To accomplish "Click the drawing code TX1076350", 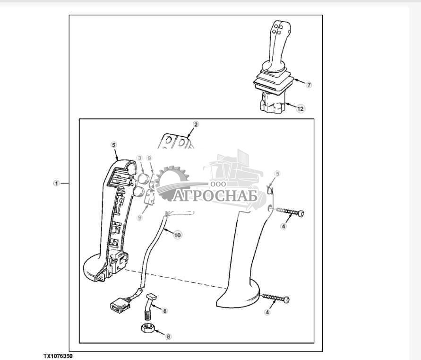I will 59,355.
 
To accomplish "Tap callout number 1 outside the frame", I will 56,183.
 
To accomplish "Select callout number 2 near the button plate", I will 196,125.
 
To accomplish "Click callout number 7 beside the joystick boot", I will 309,85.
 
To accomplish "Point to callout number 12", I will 300,108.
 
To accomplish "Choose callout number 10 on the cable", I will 177,235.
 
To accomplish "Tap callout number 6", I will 165,311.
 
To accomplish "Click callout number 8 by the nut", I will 168,337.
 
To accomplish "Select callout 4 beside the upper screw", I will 284,227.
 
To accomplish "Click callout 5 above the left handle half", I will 113,144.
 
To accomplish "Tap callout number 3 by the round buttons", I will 139,158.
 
